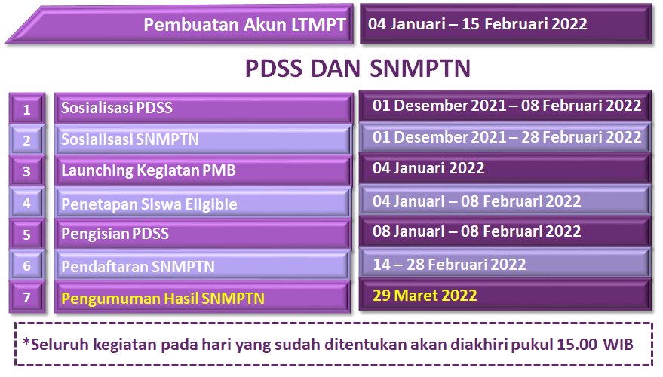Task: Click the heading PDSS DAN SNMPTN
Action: (358, 69)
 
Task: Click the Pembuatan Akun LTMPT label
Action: (245, 25)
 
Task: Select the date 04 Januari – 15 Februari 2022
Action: (477, 24)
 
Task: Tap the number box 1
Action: (26, 109)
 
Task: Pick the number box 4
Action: (26, 204)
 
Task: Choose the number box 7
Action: (26, 297)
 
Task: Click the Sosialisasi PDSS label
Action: (117, 108)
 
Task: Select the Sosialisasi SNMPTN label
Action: (130, 139)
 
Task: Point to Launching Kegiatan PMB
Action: (149, 170)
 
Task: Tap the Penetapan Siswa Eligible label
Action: (149, 204)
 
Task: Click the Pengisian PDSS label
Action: (115, 234)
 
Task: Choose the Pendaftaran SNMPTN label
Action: (138, 267)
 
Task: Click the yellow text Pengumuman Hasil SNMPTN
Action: (163, 299)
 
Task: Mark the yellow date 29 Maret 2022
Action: (425, 296)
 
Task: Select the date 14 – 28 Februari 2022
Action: (449, 265)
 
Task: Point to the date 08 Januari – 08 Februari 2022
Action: (477, 231)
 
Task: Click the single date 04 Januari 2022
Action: (428, 168)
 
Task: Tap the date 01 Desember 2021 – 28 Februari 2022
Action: (507, 137)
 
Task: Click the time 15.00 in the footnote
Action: (577, 345)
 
